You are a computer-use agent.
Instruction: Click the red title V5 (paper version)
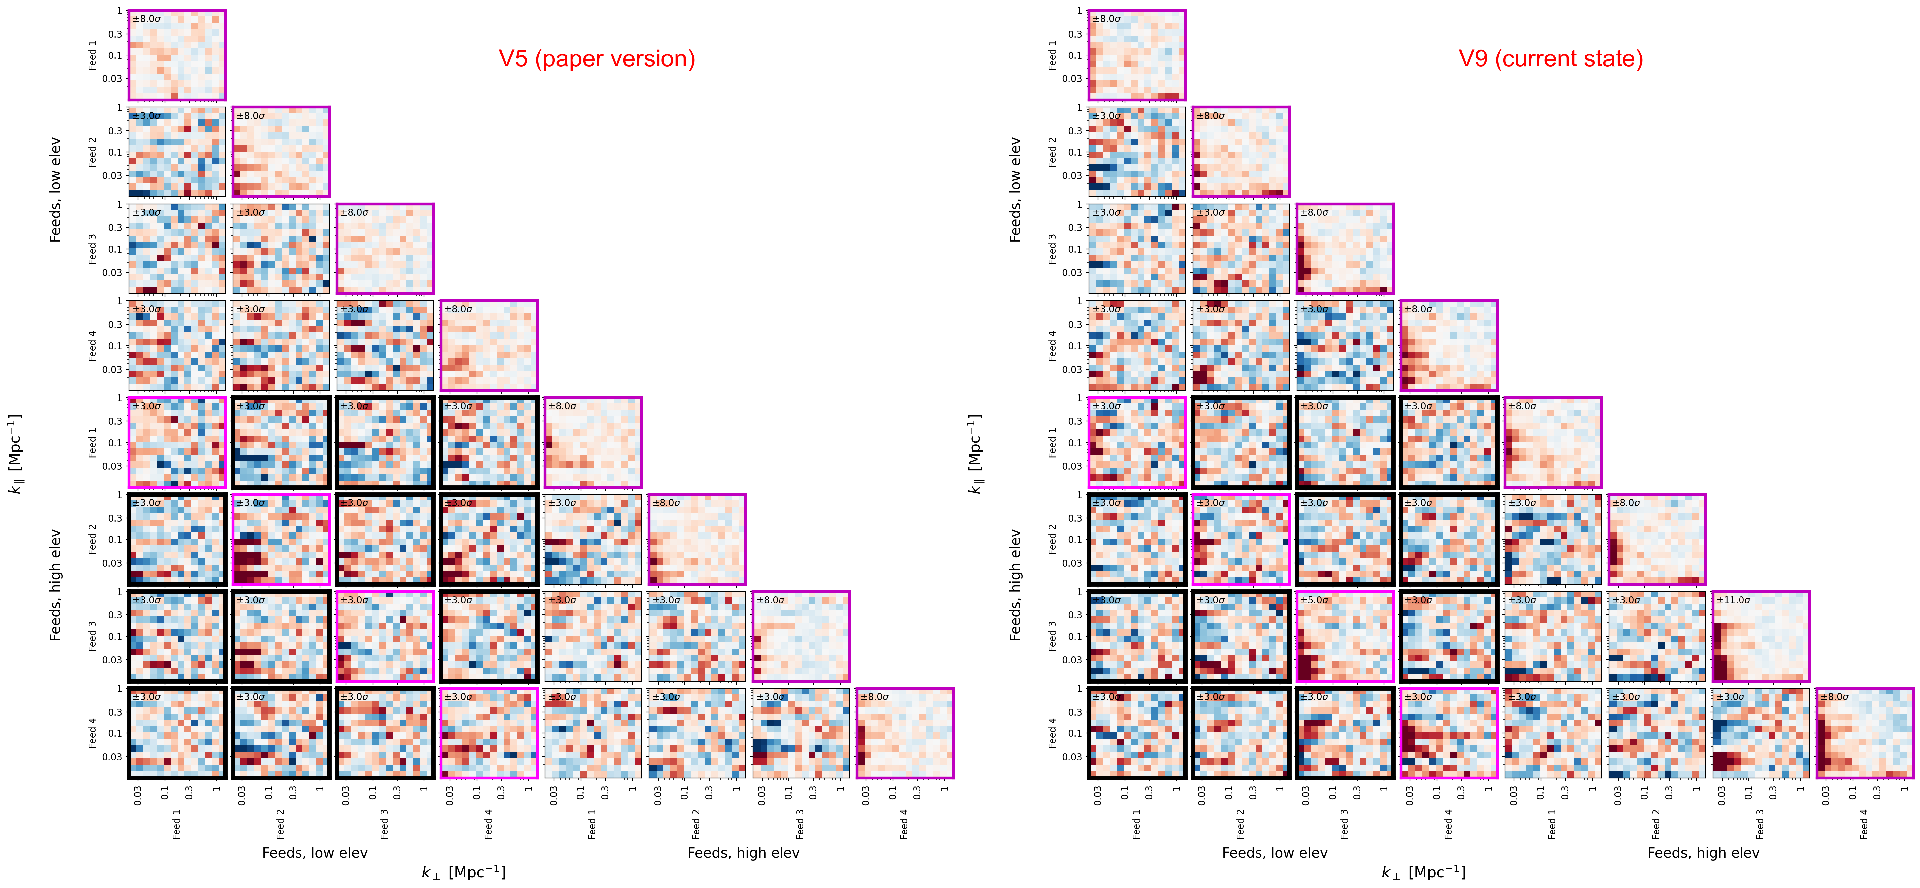(596, 59)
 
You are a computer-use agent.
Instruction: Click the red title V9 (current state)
(1550, 59)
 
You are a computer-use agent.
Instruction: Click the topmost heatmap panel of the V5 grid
(177, 55)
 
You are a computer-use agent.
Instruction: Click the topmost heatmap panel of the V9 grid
(1137, 55)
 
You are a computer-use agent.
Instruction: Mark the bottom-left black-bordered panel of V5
(177, 733)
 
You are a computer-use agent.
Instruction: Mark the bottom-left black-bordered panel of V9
(1137, 733)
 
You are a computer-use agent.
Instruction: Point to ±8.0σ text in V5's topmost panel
(147, 19)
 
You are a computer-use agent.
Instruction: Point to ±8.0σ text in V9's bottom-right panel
(1835, 697)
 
